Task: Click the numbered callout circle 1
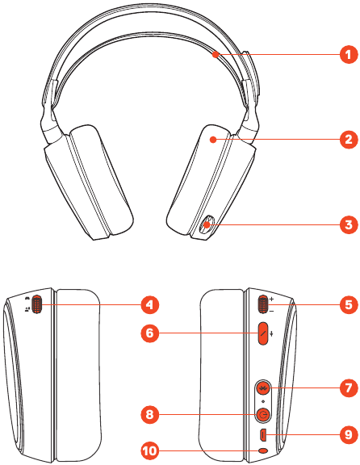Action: pos(349,54)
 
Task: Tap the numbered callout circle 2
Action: pos(349,139)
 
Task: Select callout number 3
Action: pos(349,224)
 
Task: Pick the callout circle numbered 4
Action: pos(150,304)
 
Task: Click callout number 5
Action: pos(349,304)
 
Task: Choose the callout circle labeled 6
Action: pos(150,333)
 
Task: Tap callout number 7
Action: pos(349,387)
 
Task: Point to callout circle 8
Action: pos(150,414)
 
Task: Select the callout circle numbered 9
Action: pos(349,435)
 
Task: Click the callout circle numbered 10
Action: pos(150,451)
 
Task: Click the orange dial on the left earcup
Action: pos(36,304)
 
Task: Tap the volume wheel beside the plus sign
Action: pos(263,304)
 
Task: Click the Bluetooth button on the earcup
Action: pos(263,387)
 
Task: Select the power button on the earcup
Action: pos(263,415)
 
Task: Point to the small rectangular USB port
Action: pos(263,435)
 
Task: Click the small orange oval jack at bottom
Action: pos(263,450)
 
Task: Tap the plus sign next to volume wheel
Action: pos(272,299)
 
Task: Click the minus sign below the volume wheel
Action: pos(272,311)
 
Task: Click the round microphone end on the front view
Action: pos(206,224)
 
